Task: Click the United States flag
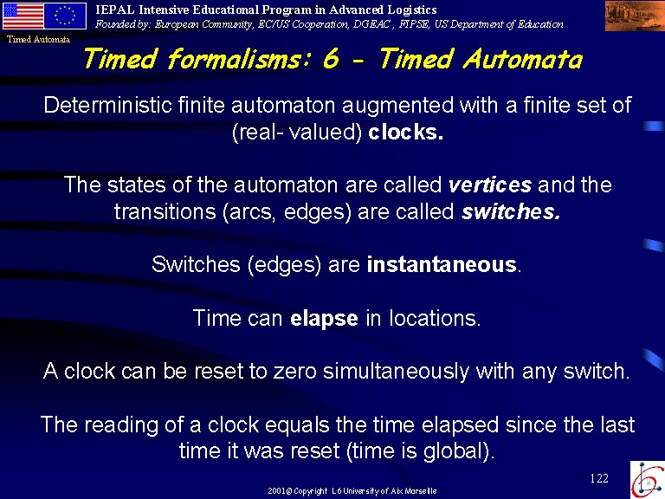click(x=23, y=16)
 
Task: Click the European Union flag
click(x=65, y=16)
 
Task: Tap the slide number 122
click(x=599, y=478)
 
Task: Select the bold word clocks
click(x=405, y=132)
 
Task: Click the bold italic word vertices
click(x=490, y=185)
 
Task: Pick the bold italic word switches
click(x=511, y=211)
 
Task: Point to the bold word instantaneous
click(x=442, y=264)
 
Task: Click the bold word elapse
click(x=324, y=319)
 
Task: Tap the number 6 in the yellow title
click(x=332, y=58)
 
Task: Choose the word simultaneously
click(x=396, y=372)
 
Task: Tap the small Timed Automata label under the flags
click(x=39, y=40)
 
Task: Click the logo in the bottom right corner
click(x=647, y=479)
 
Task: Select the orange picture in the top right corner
click(x=635, y=16)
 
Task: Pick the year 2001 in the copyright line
click(x=276, y=491)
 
